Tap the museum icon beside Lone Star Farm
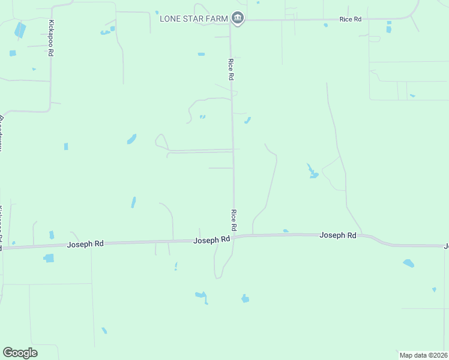(x=238, y=19)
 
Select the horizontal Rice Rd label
(x=350, y=19)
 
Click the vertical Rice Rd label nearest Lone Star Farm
(x=230, y=69)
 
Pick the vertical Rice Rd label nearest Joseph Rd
(x=234, y=220)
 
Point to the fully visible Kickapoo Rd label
(x=51, y=39)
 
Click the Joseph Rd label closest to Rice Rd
(x=212, y=239)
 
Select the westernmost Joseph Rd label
(x=85, y=244)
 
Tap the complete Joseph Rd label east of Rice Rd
(x=338, y=235)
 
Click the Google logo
(x=20, y=353)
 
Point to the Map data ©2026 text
(x=423, y=355)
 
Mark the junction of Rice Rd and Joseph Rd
(x=234, y=237)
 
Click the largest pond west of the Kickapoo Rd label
(x=20, y=29)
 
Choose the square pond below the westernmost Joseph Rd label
(x=49, y=258)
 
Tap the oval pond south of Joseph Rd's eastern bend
(x=408, y=263)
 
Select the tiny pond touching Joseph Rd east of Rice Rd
(x=286, y=231)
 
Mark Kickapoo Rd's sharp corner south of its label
(x=49, y=110)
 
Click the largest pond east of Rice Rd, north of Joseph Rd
(x=312, y=172)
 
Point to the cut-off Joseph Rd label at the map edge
(x=446, y=246)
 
